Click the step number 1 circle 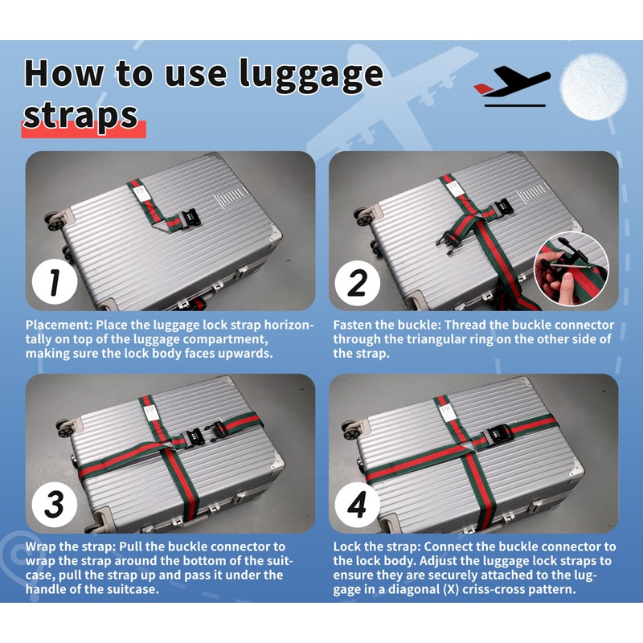click(55, 282)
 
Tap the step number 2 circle click(357, 282)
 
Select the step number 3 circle click(55, 504)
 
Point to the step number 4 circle click(357, 504)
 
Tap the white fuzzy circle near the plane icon click(594, 87)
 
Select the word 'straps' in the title click(80, 116)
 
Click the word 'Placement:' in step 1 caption click(59, 325)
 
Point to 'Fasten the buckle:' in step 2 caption click(387, 325)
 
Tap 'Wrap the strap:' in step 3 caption click(72, 547)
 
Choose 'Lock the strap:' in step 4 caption click(377, 547)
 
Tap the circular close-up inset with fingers click(571, 268)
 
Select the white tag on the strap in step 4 click(446, 412)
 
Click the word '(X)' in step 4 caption click(450, 590)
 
